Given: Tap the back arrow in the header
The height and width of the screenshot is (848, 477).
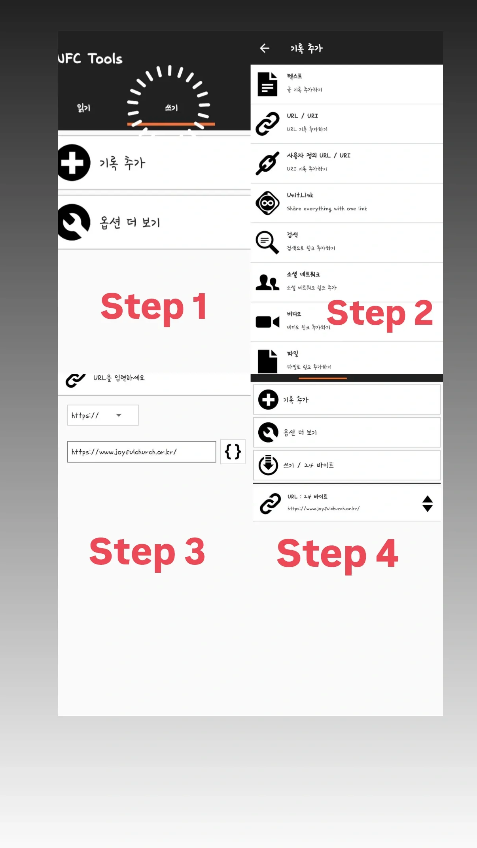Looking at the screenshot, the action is [265, 48].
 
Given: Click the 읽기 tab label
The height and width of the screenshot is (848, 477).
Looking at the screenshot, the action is [83, 108].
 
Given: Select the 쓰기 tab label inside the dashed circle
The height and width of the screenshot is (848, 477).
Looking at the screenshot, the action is [171, 108].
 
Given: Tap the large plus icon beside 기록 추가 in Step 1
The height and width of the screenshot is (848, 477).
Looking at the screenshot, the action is [73, 163].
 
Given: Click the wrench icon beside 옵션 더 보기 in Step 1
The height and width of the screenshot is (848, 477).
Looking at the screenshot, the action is [73, 222].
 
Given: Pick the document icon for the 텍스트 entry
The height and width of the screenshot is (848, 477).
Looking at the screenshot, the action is [267, 84].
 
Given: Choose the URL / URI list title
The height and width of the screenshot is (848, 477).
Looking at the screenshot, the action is [302, 116].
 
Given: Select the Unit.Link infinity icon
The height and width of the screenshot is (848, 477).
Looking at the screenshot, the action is [267, 203].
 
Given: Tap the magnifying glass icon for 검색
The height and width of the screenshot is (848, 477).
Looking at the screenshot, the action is [267, 242].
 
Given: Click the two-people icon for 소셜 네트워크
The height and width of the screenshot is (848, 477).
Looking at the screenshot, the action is [267, 282].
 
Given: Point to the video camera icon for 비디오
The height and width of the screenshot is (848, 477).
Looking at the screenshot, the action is [267, 322].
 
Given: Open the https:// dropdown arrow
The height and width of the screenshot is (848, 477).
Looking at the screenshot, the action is [119, 415].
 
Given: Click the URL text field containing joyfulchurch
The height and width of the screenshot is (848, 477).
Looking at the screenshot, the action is [142, 452].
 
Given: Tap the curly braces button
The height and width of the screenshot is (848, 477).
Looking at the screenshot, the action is [233, 451].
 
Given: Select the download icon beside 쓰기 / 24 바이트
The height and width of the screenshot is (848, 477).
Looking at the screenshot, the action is [268, 465].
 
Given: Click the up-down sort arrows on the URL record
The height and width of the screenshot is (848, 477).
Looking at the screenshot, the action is [428, 503].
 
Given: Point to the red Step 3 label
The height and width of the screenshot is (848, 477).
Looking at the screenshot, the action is [147, 552].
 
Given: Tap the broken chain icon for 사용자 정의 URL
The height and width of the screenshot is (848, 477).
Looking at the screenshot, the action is [267, 163].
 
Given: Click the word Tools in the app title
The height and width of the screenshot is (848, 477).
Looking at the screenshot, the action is [105, 59].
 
